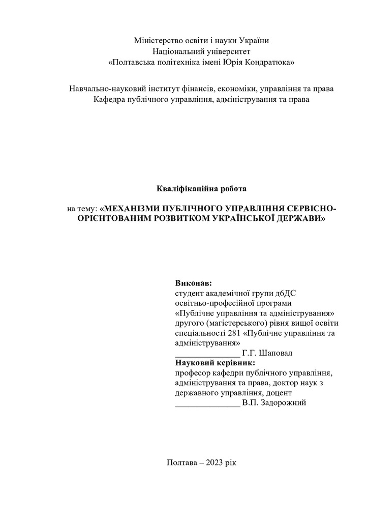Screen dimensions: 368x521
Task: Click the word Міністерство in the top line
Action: coord(156,40)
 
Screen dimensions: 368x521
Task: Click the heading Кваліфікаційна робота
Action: coord(201,189)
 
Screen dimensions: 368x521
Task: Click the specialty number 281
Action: coord(234,333)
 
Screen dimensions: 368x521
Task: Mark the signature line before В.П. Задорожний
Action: coord(207,406)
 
